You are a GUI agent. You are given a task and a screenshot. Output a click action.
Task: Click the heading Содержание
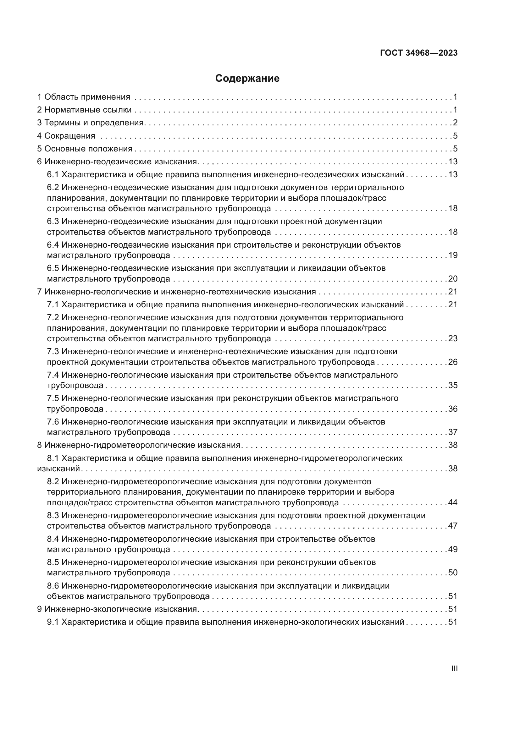tap(247, 79)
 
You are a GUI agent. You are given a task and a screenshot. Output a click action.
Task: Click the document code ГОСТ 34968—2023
tap(418, 53)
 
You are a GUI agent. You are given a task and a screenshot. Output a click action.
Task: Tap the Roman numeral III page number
tap(454, 669)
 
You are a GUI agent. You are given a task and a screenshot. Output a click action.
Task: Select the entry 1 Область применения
tap(84, 97)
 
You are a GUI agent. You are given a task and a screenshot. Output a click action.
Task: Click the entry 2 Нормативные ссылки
tap(85, 110)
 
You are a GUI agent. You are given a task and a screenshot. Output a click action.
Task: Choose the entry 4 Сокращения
tap(66, 136)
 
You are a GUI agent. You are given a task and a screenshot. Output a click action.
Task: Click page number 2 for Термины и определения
tap(455, 123)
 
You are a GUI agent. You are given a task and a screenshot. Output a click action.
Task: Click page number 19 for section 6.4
tap(453, 255)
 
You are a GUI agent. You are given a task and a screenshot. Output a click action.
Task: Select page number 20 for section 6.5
tap(453, 278)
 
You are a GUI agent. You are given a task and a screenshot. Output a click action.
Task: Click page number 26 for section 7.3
tap(453, 362)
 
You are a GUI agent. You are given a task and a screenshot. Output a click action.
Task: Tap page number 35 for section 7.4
tap(453, 385)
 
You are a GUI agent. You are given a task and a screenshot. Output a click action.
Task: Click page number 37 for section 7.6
tap(453, 432)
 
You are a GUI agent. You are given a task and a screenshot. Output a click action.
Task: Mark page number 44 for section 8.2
tap(453, 502)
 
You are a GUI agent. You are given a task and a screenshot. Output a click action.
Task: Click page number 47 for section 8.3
tap(453, 526)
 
